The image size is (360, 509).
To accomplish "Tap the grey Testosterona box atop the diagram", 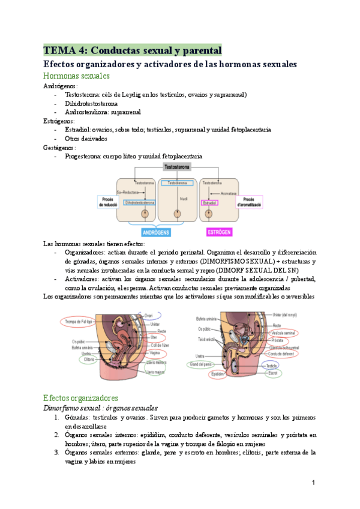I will (x=178, y=170).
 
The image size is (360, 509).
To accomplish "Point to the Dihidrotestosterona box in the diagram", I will (x=143, y=202).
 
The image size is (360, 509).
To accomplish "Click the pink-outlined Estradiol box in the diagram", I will (x=210, y=203).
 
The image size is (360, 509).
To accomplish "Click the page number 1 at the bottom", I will (x=313, y=483).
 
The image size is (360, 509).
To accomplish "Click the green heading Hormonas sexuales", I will (x=76, y=76).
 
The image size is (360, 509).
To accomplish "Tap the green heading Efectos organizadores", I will (x=80, y=397).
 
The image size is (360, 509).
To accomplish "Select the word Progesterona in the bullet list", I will (x=84, y=156).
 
